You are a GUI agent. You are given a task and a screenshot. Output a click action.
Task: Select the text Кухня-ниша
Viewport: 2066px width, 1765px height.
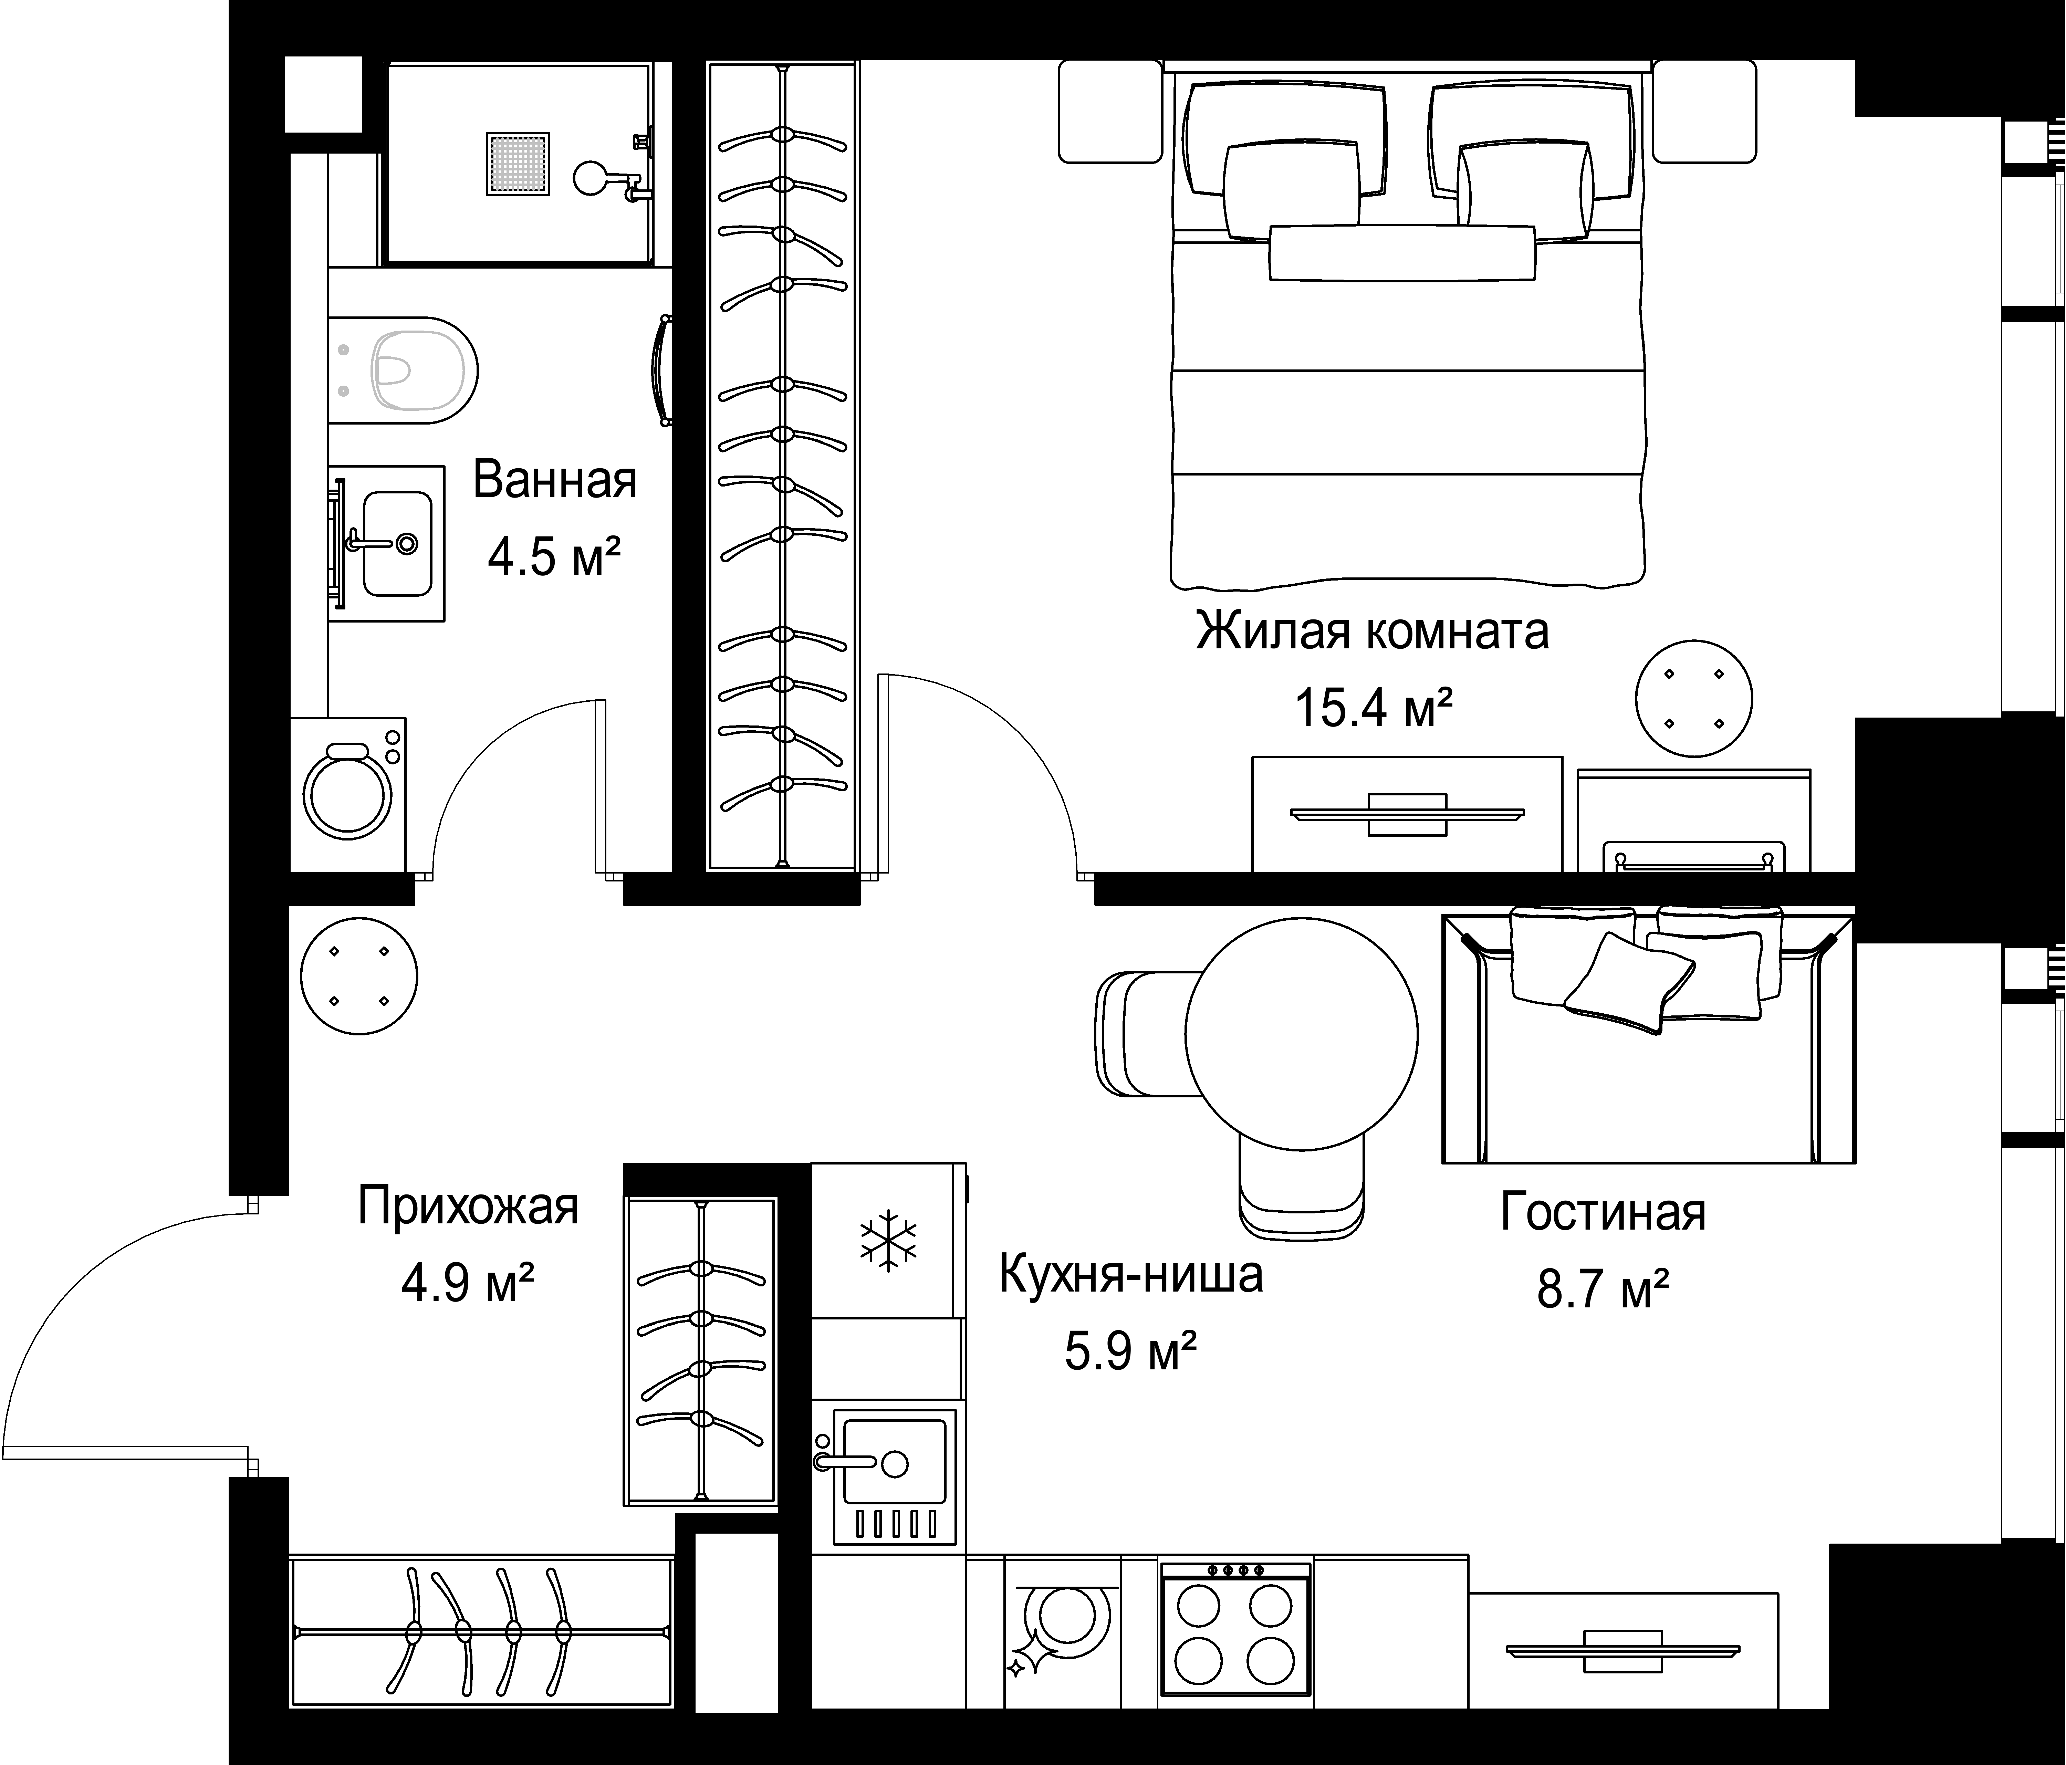coord(1131,1275)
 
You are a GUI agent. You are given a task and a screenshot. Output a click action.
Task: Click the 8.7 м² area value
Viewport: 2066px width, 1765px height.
coord(1603,1288)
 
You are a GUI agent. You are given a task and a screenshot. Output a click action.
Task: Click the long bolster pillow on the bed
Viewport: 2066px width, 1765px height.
coord(1402,253)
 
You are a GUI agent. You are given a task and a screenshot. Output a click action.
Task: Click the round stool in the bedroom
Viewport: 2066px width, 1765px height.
coord(1694,698)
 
